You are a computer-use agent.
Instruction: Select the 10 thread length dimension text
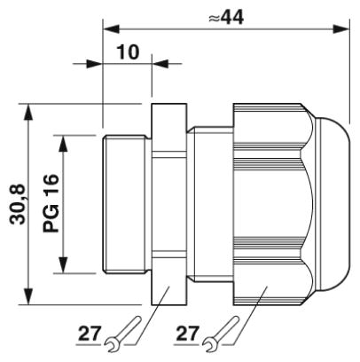[x=129, y=51]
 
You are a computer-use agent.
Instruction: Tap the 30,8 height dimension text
[x=18, y=205]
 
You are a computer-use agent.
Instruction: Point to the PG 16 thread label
[x=51, y=203]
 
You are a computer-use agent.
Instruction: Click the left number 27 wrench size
[x=90, y=334]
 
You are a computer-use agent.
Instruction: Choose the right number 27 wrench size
[x=188, y=334]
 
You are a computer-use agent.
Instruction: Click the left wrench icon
[x=122, y=334]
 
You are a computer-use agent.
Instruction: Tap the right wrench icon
[x=221, y=334]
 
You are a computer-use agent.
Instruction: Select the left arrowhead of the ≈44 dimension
[x=111, y=29]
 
